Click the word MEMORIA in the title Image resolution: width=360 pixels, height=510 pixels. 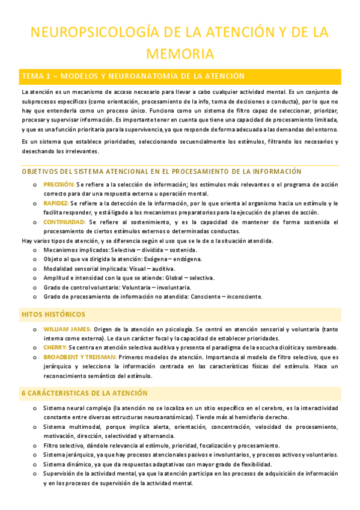click(x=180, y=54)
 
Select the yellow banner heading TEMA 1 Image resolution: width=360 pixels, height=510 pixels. click(x=124, y=76)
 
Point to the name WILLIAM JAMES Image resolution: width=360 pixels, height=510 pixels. click(x=67, y=329)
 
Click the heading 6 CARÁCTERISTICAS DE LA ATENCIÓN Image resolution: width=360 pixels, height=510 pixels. click(x=84, y=376)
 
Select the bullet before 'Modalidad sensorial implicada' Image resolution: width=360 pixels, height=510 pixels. click(x=34, y=269)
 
